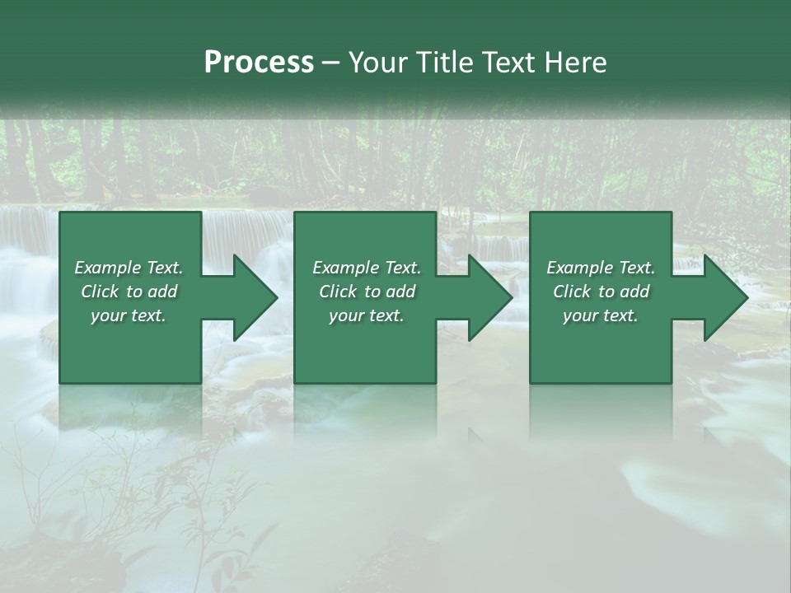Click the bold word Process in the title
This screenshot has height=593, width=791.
[x=259, y=63]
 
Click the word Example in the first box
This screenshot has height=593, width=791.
[x=108, y=268]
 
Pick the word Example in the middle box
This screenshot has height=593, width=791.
[x=346, y=268]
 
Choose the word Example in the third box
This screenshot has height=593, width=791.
[x=580, y=268]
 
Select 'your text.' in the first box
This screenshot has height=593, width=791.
[x=129, y=315]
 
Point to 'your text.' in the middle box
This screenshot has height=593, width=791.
[x=367, y=315]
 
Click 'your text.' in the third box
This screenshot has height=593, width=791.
[x=601, y=315]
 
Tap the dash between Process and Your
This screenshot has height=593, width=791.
[x=330, y=63]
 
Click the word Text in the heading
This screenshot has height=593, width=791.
[x=505, y=63]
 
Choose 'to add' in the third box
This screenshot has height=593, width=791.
[x=623, y=292]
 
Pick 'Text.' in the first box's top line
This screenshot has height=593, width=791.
[x=164, y=268]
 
